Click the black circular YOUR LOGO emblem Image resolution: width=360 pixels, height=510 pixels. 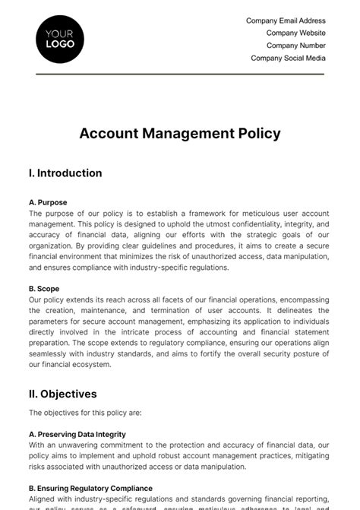(x=60, y=39)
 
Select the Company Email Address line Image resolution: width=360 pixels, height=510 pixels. (x=286, y=21)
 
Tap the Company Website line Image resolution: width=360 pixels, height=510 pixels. (x=295, y=33)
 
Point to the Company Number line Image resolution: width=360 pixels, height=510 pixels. (x=295, y=46)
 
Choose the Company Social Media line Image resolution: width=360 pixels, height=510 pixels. (x=288, y=58)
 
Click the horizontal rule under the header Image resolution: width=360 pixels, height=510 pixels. (x=180, y=74)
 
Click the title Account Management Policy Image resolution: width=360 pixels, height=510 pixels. (x=180, y=133)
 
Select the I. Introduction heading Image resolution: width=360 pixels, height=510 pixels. (x=65, y=173)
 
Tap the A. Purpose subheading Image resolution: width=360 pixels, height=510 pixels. (x=48, y=203)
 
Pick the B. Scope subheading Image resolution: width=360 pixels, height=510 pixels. (x=44, y=289)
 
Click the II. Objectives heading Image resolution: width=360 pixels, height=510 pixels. (x=63, y=394)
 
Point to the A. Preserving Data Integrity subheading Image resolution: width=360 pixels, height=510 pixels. (x=77, y=434)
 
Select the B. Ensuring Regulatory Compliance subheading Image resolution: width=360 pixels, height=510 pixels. (x=90, y=488)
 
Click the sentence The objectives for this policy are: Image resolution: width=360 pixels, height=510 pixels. (x=85, y=413)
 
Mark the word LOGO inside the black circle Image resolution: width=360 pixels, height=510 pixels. (x=60, y=44)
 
